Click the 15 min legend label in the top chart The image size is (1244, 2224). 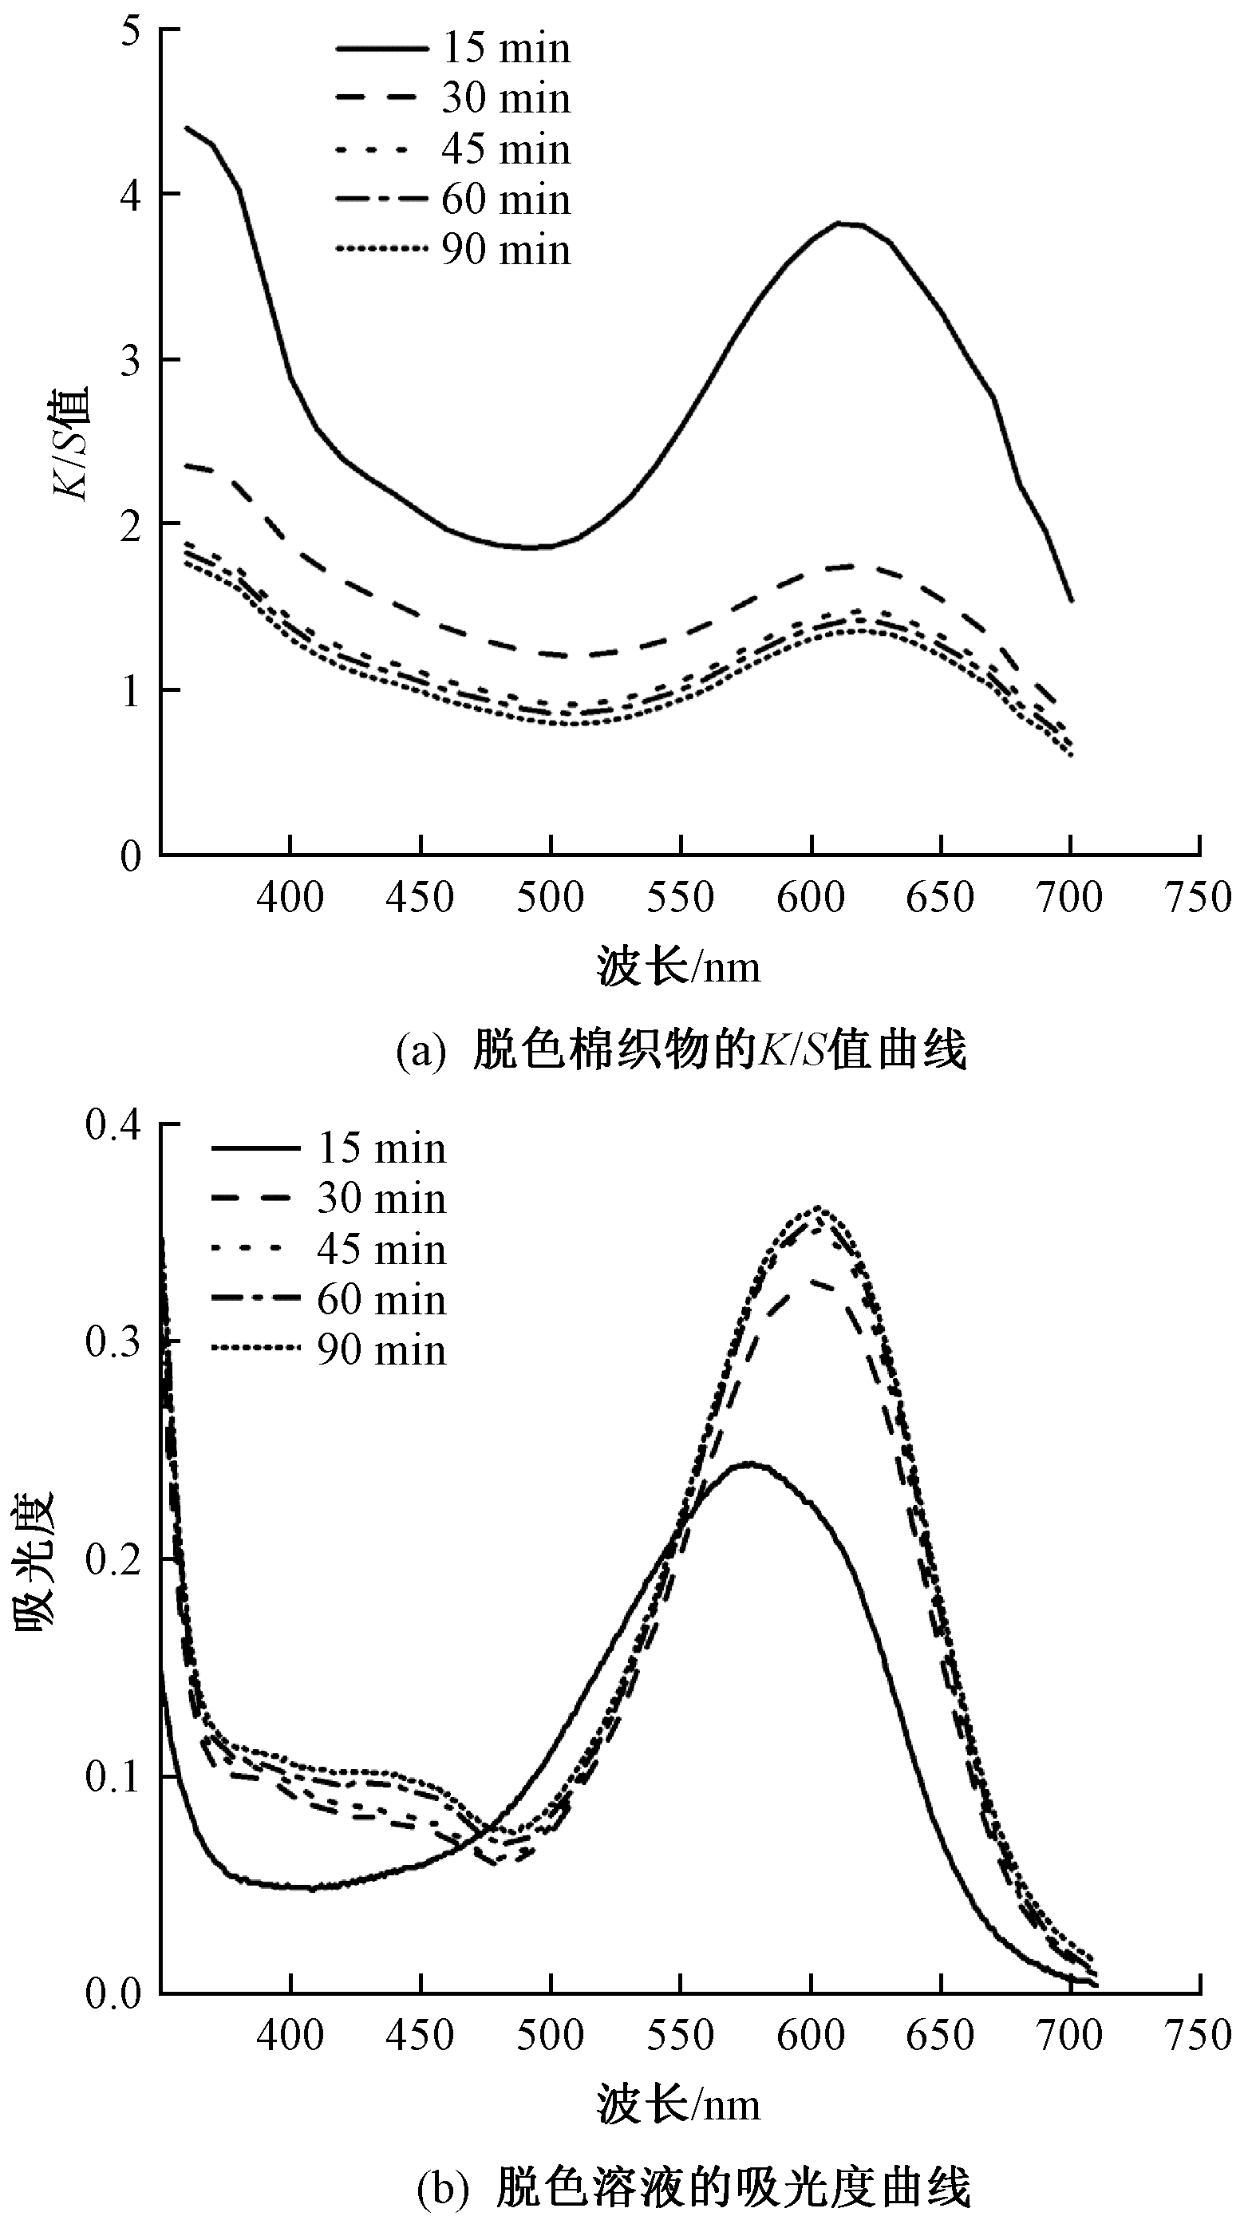pyautogui.click(x=506, y=48)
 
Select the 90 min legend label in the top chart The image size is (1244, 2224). pyautogui.click(x=506, y=251)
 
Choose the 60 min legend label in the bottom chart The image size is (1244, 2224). pyautogui.click(x=381, y=1299)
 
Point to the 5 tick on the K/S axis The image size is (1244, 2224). pyautogui.click(x=131, y=30)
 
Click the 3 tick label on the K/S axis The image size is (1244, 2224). pyautogui.click(x=131, y=360)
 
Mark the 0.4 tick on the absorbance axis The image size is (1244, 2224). pyautogui.click(x=113, y=1127)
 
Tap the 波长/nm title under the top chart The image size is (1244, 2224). pyautogui.click(x=678, y=967)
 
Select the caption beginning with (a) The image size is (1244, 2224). pyautogui.click(x=681, y=1052)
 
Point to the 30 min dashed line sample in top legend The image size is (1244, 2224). pyautogui.click(x=381, y=97)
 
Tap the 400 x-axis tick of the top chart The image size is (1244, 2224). pyautogui.click(x=290, y=898)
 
